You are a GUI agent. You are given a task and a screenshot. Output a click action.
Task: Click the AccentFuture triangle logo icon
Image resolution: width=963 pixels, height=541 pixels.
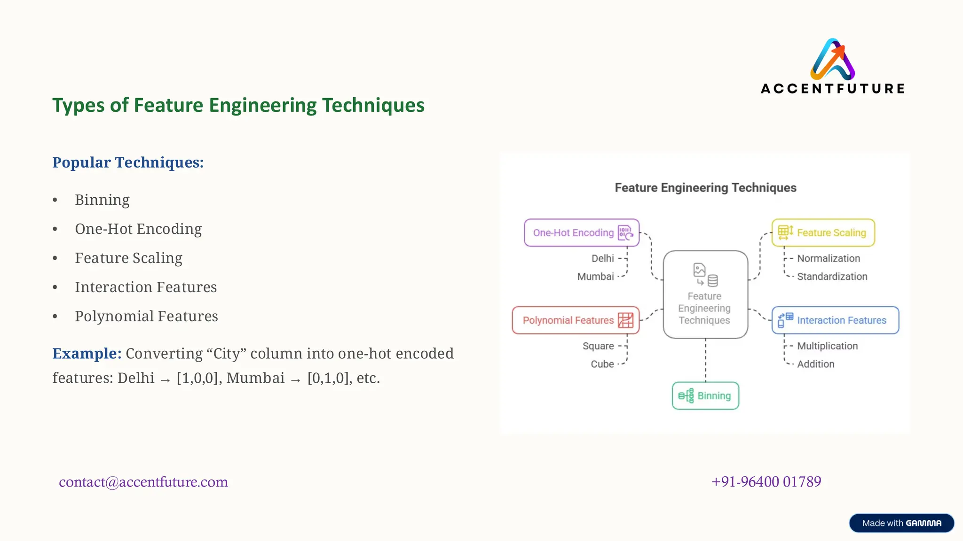point(832,60)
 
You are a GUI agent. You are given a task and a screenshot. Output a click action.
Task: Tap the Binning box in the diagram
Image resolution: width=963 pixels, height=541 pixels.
point(705,396)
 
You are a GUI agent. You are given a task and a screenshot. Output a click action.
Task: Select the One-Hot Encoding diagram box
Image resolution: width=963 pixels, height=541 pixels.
point(582,232)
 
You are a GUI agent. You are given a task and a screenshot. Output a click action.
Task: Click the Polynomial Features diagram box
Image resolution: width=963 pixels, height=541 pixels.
point(576,320)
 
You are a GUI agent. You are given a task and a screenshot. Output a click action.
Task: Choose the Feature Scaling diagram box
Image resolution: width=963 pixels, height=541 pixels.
point(823,232)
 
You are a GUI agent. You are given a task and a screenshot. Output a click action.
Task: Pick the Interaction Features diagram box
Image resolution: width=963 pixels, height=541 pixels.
point(835,320)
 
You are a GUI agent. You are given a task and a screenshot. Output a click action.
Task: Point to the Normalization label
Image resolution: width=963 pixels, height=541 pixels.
point(829,258)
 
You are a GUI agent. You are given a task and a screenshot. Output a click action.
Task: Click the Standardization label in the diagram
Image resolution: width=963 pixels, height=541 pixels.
point(832,277)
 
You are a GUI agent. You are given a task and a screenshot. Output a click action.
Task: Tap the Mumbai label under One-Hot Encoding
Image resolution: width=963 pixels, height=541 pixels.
point(595,277)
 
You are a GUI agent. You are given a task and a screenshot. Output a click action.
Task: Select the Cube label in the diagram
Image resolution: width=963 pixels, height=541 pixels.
point(602,364)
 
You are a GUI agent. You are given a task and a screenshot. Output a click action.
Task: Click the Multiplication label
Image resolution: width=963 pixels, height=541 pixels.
point(827,346)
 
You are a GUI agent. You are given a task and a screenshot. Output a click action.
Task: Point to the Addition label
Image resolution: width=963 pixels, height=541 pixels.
point(815,364)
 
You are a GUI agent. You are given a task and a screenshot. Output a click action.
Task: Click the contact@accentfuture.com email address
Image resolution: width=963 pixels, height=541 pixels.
point(143,482)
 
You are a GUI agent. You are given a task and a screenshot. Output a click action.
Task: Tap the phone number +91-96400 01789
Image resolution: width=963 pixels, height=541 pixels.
point(766,482)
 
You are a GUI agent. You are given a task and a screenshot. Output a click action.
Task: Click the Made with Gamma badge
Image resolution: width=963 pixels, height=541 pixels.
point(901,523)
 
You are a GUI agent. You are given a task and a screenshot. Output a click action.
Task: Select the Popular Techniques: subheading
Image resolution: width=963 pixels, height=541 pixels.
point(128,162)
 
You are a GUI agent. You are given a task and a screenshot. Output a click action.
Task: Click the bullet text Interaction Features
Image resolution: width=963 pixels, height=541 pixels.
point(146,287)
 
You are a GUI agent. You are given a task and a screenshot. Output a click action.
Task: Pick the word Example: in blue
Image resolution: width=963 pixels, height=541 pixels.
point(87,354)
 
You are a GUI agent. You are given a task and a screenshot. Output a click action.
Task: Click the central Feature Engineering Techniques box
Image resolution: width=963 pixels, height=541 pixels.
point(705,294)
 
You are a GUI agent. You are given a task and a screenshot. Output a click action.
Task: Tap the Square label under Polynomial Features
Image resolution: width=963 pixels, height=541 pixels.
point(598,346)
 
